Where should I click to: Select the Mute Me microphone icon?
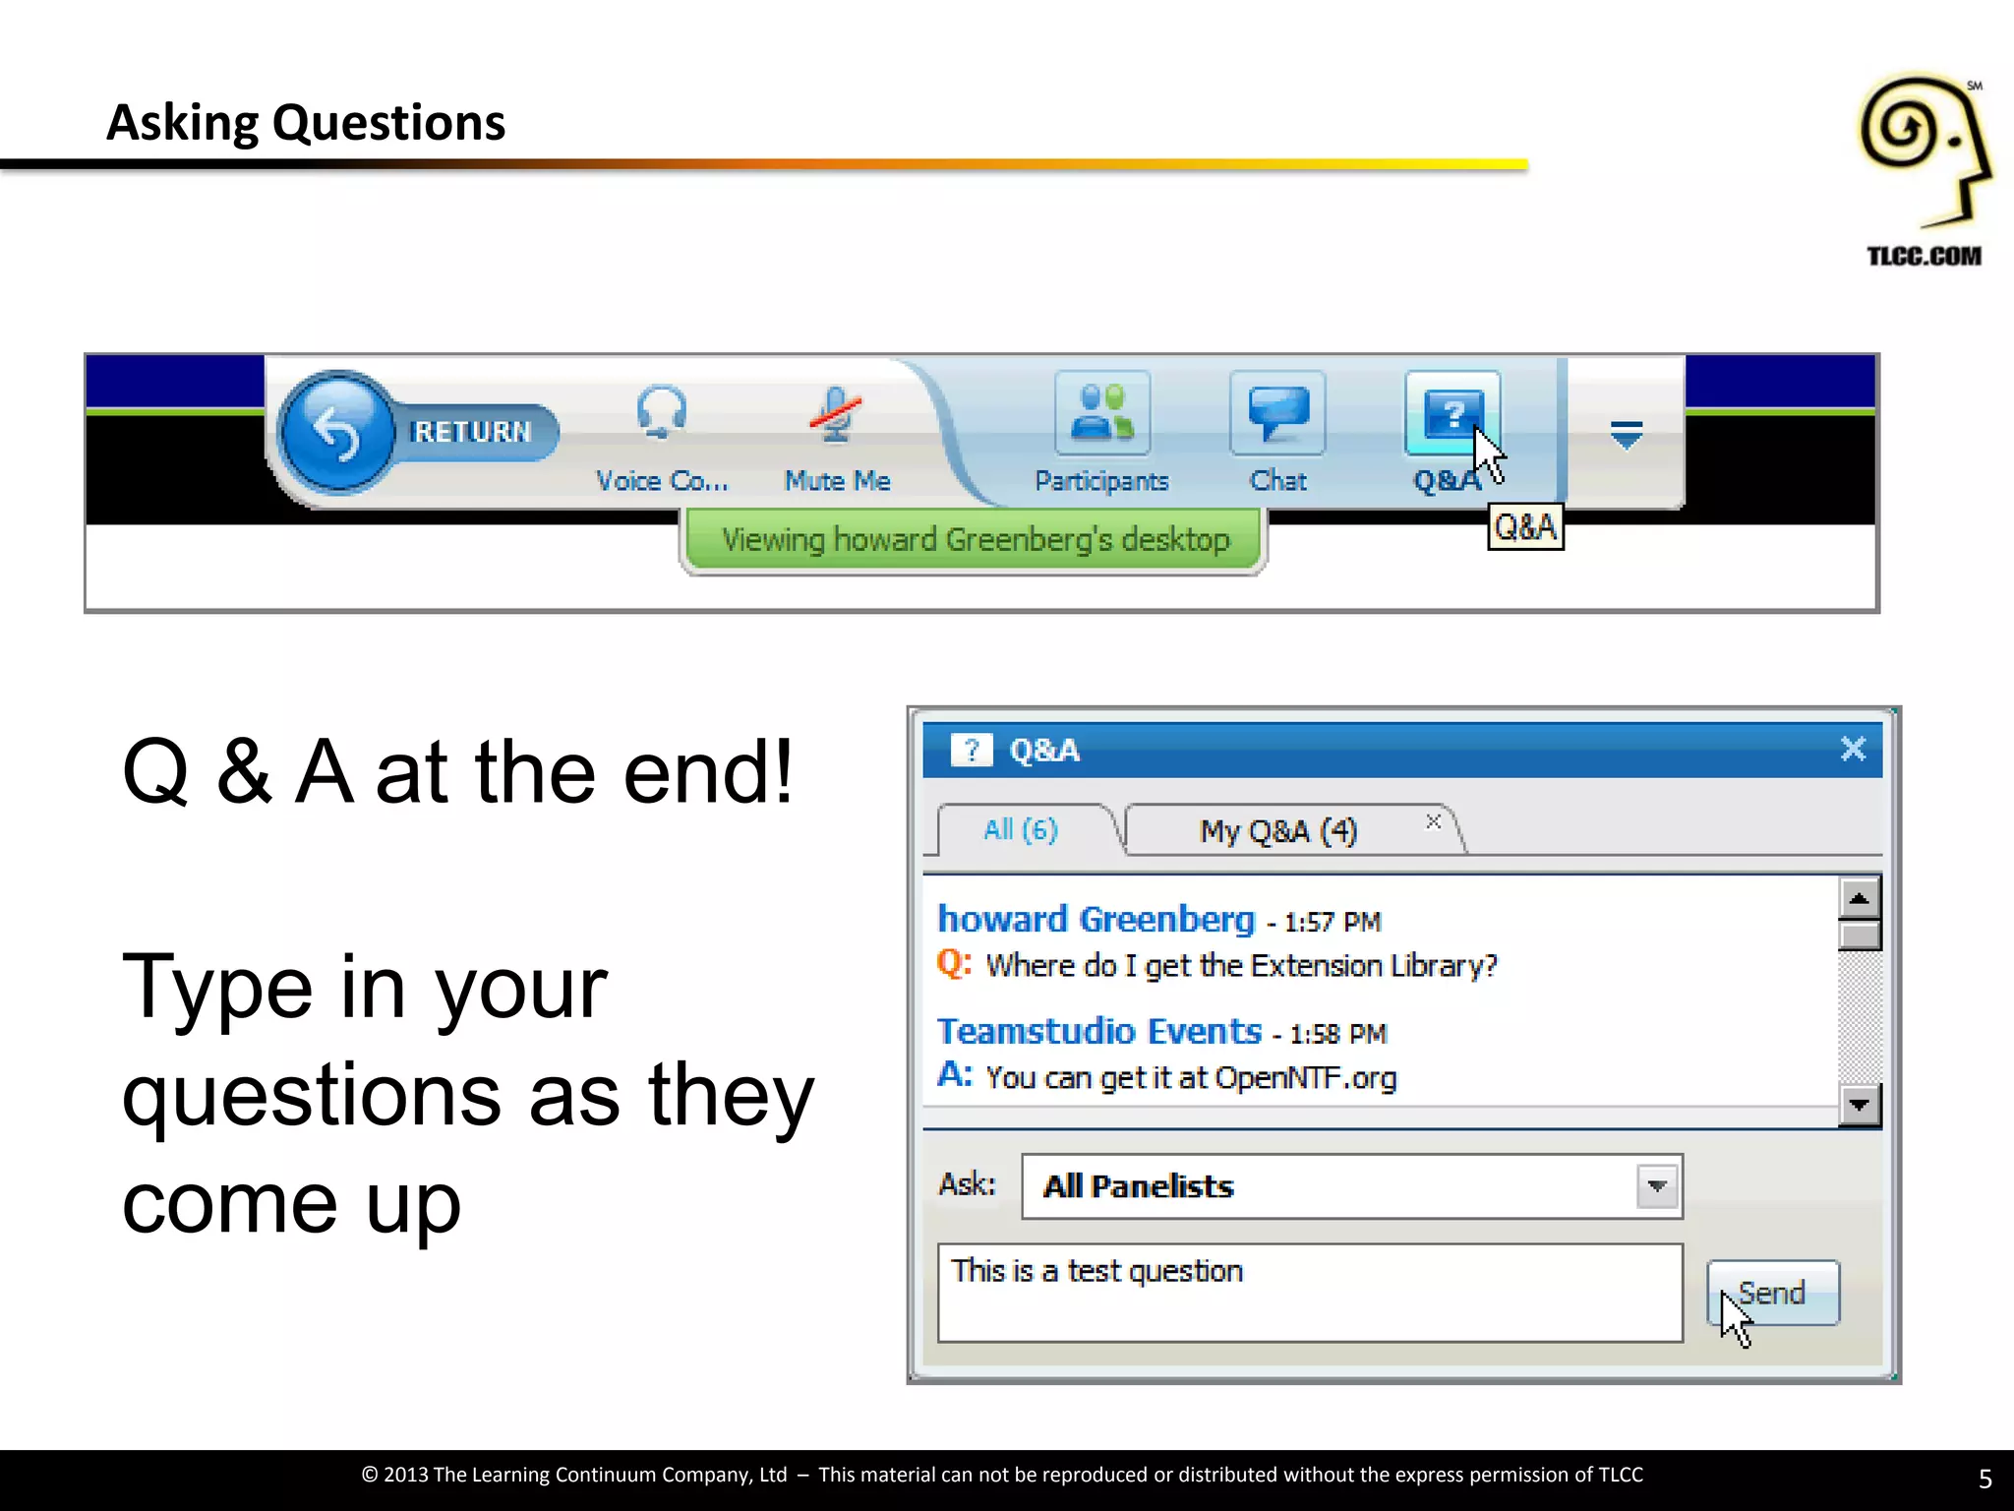coord(836,414)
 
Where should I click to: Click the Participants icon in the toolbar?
coord(1101,414)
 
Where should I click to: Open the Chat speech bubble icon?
coord(1277,414)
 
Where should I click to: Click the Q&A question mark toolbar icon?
coord(1451,414)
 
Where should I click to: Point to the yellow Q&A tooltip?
coord(1525,527)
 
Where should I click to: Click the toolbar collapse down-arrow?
coord(1627,434)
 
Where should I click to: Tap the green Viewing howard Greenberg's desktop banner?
coord(974,540)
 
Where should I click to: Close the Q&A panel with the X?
coord(1853,750)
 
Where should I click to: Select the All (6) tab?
coord(1021,830)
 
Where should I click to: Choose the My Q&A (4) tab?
coord(1277,831)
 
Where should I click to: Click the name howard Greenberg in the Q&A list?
coord(1096,919)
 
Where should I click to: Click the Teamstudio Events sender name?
coord(1098,1031)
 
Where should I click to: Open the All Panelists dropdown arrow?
coord(1657,1186)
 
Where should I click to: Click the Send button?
coord(1772,1293)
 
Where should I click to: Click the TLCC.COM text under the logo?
coord(1924,257)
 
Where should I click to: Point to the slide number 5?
coord(1984,1479)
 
